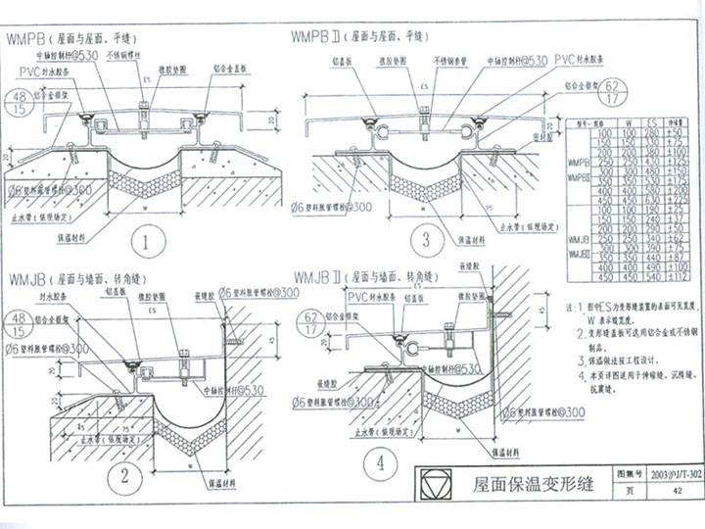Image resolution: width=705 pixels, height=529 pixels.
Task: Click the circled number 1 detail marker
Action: point(145,241)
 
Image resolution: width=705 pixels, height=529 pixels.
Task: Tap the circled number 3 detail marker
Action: point(427,239)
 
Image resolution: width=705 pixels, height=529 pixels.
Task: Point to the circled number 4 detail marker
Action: point(380,462)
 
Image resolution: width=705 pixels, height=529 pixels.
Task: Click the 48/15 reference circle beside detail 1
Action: point(20,105)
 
